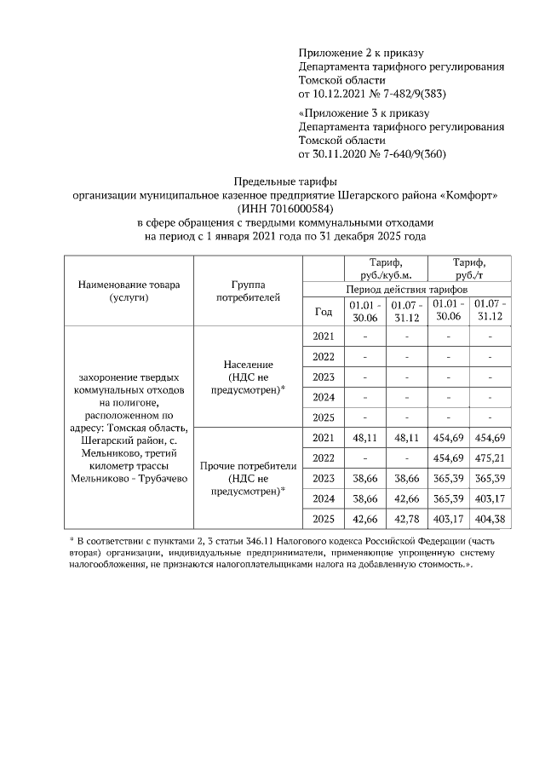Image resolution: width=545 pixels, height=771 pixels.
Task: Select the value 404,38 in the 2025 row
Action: coord(490,519)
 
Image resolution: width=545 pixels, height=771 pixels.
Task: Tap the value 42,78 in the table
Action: coord(407,519)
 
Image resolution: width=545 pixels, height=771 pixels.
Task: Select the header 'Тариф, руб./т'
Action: coord(469,269)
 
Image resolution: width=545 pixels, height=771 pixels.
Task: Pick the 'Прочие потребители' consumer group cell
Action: coord(248,478)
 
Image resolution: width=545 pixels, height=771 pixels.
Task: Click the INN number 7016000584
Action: coord(290,209)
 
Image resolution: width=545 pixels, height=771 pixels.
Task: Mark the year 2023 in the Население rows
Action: coord(324,377)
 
